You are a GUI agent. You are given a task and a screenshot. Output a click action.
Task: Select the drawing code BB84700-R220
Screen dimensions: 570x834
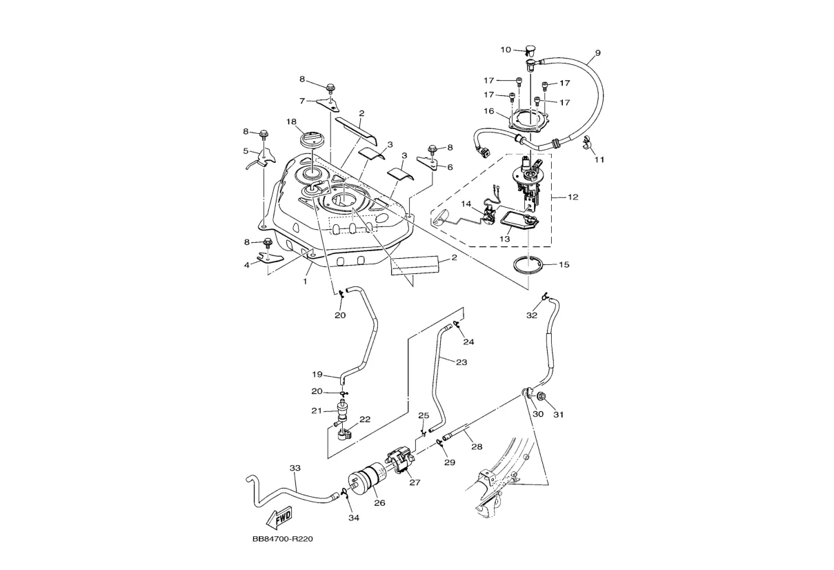(x=283, y=540)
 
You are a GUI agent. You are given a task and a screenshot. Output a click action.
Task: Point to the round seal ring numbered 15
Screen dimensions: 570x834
(x=528, y=265)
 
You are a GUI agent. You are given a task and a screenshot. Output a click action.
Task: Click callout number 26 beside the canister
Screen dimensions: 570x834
(x=379, y=503)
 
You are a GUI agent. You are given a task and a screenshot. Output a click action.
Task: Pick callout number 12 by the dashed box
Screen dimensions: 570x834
(x=573, y=197)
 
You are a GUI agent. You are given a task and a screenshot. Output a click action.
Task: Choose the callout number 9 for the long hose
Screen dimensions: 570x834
(x=597, y=53)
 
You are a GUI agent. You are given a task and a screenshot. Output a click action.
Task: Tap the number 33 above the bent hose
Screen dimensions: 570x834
(x=295, y=468)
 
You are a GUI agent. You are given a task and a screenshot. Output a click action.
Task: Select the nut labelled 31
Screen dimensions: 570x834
(x=542, y=397)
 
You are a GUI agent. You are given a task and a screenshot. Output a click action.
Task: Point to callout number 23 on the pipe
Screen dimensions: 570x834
(x=461, y=361)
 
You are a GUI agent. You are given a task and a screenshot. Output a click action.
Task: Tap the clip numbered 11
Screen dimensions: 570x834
(x=588, y=144)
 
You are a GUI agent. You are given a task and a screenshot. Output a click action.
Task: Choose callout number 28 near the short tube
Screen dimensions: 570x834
(x=477, y=446)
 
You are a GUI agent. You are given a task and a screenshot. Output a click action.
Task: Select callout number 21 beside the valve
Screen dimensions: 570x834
(x=317, y=411)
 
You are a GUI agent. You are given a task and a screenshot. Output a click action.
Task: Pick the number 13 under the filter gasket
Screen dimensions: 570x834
(x=505, y=239)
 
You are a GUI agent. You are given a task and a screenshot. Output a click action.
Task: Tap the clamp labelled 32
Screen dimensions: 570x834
(x=544, y=296)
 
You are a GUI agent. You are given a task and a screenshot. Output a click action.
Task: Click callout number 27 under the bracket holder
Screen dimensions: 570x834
(x=415, y=482)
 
